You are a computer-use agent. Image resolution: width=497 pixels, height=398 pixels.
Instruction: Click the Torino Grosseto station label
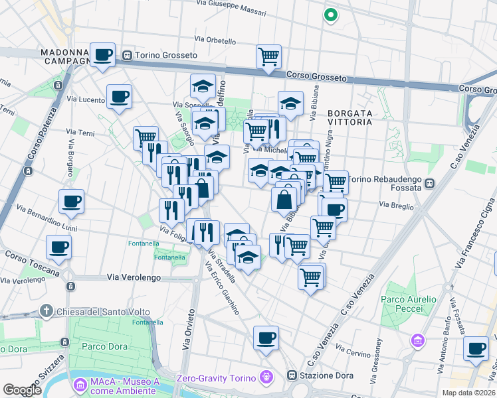click(x=165, y=55)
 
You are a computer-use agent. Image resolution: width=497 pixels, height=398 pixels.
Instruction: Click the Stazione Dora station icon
click(x=292, y=375)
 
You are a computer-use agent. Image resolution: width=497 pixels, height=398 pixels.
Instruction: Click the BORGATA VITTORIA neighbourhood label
click(x=357, y=117)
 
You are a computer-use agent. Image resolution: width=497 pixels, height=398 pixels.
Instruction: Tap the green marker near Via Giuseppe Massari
click(x=330, y=14)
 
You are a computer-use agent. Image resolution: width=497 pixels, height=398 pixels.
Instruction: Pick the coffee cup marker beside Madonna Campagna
click(x=103, y=54)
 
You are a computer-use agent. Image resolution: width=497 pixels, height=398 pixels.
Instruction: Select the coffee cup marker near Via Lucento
click(x=120, y=97)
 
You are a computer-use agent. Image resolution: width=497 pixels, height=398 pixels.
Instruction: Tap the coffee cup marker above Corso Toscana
click(x=58, y=247)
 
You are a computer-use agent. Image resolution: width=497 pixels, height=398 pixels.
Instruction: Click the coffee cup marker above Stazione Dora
click(x=266, y=338)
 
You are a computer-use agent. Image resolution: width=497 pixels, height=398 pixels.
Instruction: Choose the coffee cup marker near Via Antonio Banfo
click(x=475, y=349)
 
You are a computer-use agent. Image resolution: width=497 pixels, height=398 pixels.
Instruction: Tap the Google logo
click(x=23, y=390)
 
